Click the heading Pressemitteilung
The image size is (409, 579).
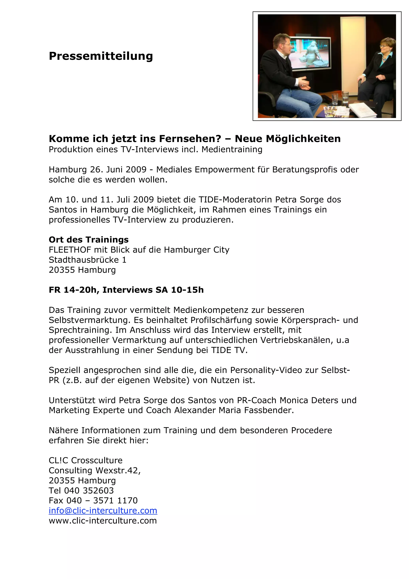click(x=101, y=56)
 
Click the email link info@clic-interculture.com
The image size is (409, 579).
click(x=103, y=510)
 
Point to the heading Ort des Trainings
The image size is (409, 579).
click(x=89, y=240)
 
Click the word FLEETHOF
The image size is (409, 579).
click(x=70, y=250)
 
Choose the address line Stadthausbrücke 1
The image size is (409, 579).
click(x=87, y=260)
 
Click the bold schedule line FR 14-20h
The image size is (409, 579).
click(x=72, y=290)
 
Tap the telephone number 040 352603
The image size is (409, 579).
click(x=89, y=490)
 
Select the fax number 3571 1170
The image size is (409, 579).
click(x=115, y=501)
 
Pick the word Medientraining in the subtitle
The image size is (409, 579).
click(x=232, y=150)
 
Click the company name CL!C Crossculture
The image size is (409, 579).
click(x=86, y=460)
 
